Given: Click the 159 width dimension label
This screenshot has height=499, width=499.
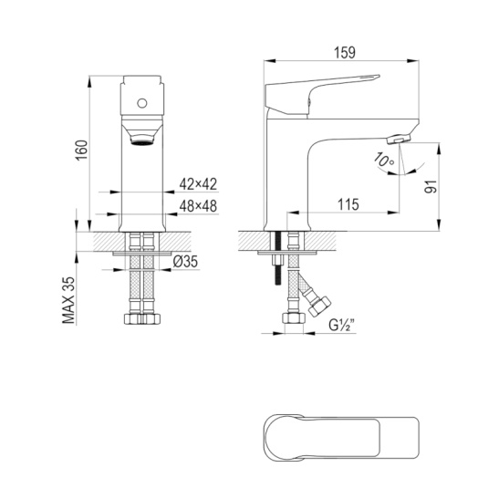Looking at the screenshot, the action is [345, 53].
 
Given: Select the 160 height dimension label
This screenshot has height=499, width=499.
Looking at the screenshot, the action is [82, 151].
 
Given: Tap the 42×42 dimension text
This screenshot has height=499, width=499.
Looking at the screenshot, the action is [198, 184].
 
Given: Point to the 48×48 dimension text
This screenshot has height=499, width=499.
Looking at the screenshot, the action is [198, 206].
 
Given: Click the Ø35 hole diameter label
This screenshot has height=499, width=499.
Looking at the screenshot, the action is [185, 262].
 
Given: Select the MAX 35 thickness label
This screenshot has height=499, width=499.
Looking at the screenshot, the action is [68, 300].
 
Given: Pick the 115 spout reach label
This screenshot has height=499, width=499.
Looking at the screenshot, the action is [348, 204].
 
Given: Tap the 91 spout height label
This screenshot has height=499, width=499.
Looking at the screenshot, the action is [431, 186].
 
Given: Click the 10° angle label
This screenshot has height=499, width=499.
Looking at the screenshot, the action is [384, 160].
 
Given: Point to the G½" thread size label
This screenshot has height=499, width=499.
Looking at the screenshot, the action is [342, 326].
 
